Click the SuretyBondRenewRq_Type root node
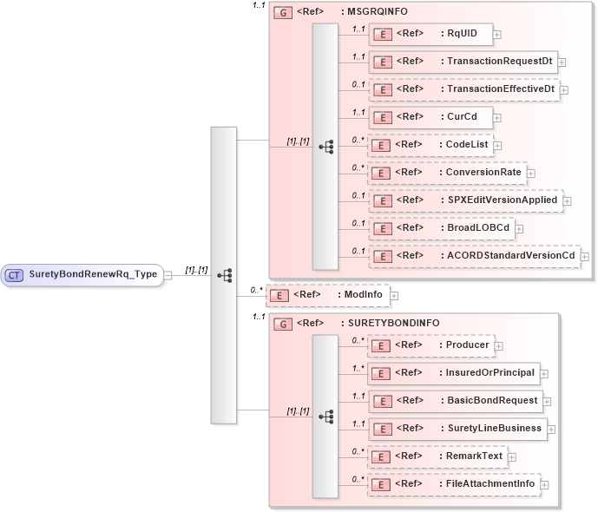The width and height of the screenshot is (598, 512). point(82,274)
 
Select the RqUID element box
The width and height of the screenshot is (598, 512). point(430,35)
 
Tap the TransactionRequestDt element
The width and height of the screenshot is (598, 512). point(462,62)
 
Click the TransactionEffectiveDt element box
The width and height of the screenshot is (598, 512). point(463,89)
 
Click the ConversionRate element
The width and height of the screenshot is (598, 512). point(445,172)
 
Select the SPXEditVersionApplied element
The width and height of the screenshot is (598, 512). point(464,200)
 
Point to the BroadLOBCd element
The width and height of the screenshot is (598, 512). point(440,228)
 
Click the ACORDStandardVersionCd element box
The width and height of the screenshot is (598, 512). point(473,256)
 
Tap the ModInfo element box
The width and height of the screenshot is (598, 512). point(326,295)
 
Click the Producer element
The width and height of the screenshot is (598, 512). point(430,345)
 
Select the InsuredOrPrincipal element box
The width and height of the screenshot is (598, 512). point(452,373)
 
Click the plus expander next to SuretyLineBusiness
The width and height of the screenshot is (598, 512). point(552,429)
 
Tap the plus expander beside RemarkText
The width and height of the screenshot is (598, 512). point(511,456)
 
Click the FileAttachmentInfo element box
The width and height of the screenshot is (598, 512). point(453,483)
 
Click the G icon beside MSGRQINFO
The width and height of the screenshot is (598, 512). point(282,13)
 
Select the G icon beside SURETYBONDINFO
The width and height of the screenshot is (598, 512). point(282,324)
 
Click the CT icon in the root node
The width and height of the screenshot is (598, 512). point(15,274)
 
